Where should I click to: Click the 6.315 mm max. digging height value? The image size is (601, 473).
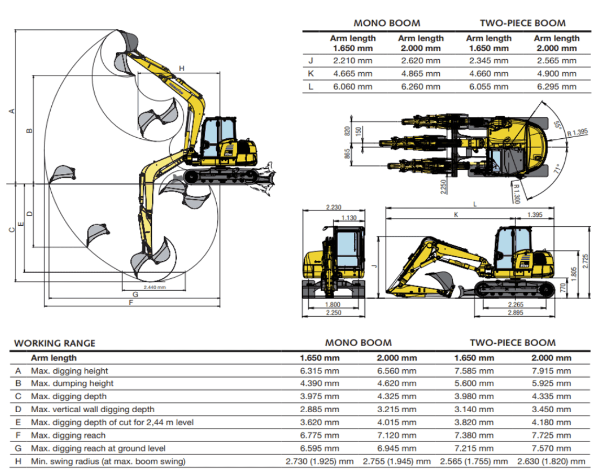tap(319, 371)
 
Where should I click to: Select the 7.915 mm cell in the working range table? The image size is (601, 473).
tap(551, 371)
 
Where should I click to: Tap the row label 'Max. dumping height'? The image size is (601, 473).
tap(72, 383)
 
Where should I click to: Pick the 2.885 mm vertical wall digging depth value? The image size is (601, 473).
tap(319, 409)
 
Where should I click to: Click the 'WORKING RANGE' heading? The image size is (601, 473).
tap(54, 344)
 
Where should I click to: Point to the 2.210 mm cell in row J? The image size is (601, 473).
tap(353, 61)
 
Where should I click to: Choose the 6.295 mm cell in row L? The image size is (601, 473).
tap(557, 87)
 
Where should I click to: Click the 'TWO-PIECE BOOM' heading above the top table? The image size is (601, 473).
tap(522, 23)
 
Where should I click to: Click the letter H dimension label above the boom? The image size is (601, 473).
tap(181, 68)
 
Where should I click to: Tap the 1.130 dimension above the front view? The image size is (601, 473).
tap(349, 218)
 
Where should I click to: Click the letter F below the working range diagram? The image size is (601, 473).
tap(131, 303)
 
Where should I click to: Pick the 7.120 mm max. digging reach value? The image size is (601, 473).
tap(396, 435)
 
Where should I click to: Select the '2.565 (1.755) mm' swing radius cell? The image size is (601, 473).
tap(474, 461)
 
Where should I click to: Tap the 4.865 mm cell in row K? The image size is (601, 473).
tap(420, 74)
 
